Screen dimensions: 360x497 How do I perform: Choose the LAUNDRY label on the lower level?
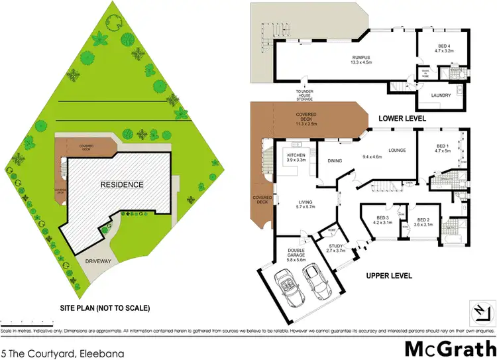pyautogui.click(x=441, y=95)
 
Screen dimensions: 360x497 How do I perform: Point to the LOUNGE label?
pyautogui.click(x=397, y=150)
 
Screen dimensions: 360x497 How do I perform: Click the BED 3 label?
pyautogui.click(x=381, y=220)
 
